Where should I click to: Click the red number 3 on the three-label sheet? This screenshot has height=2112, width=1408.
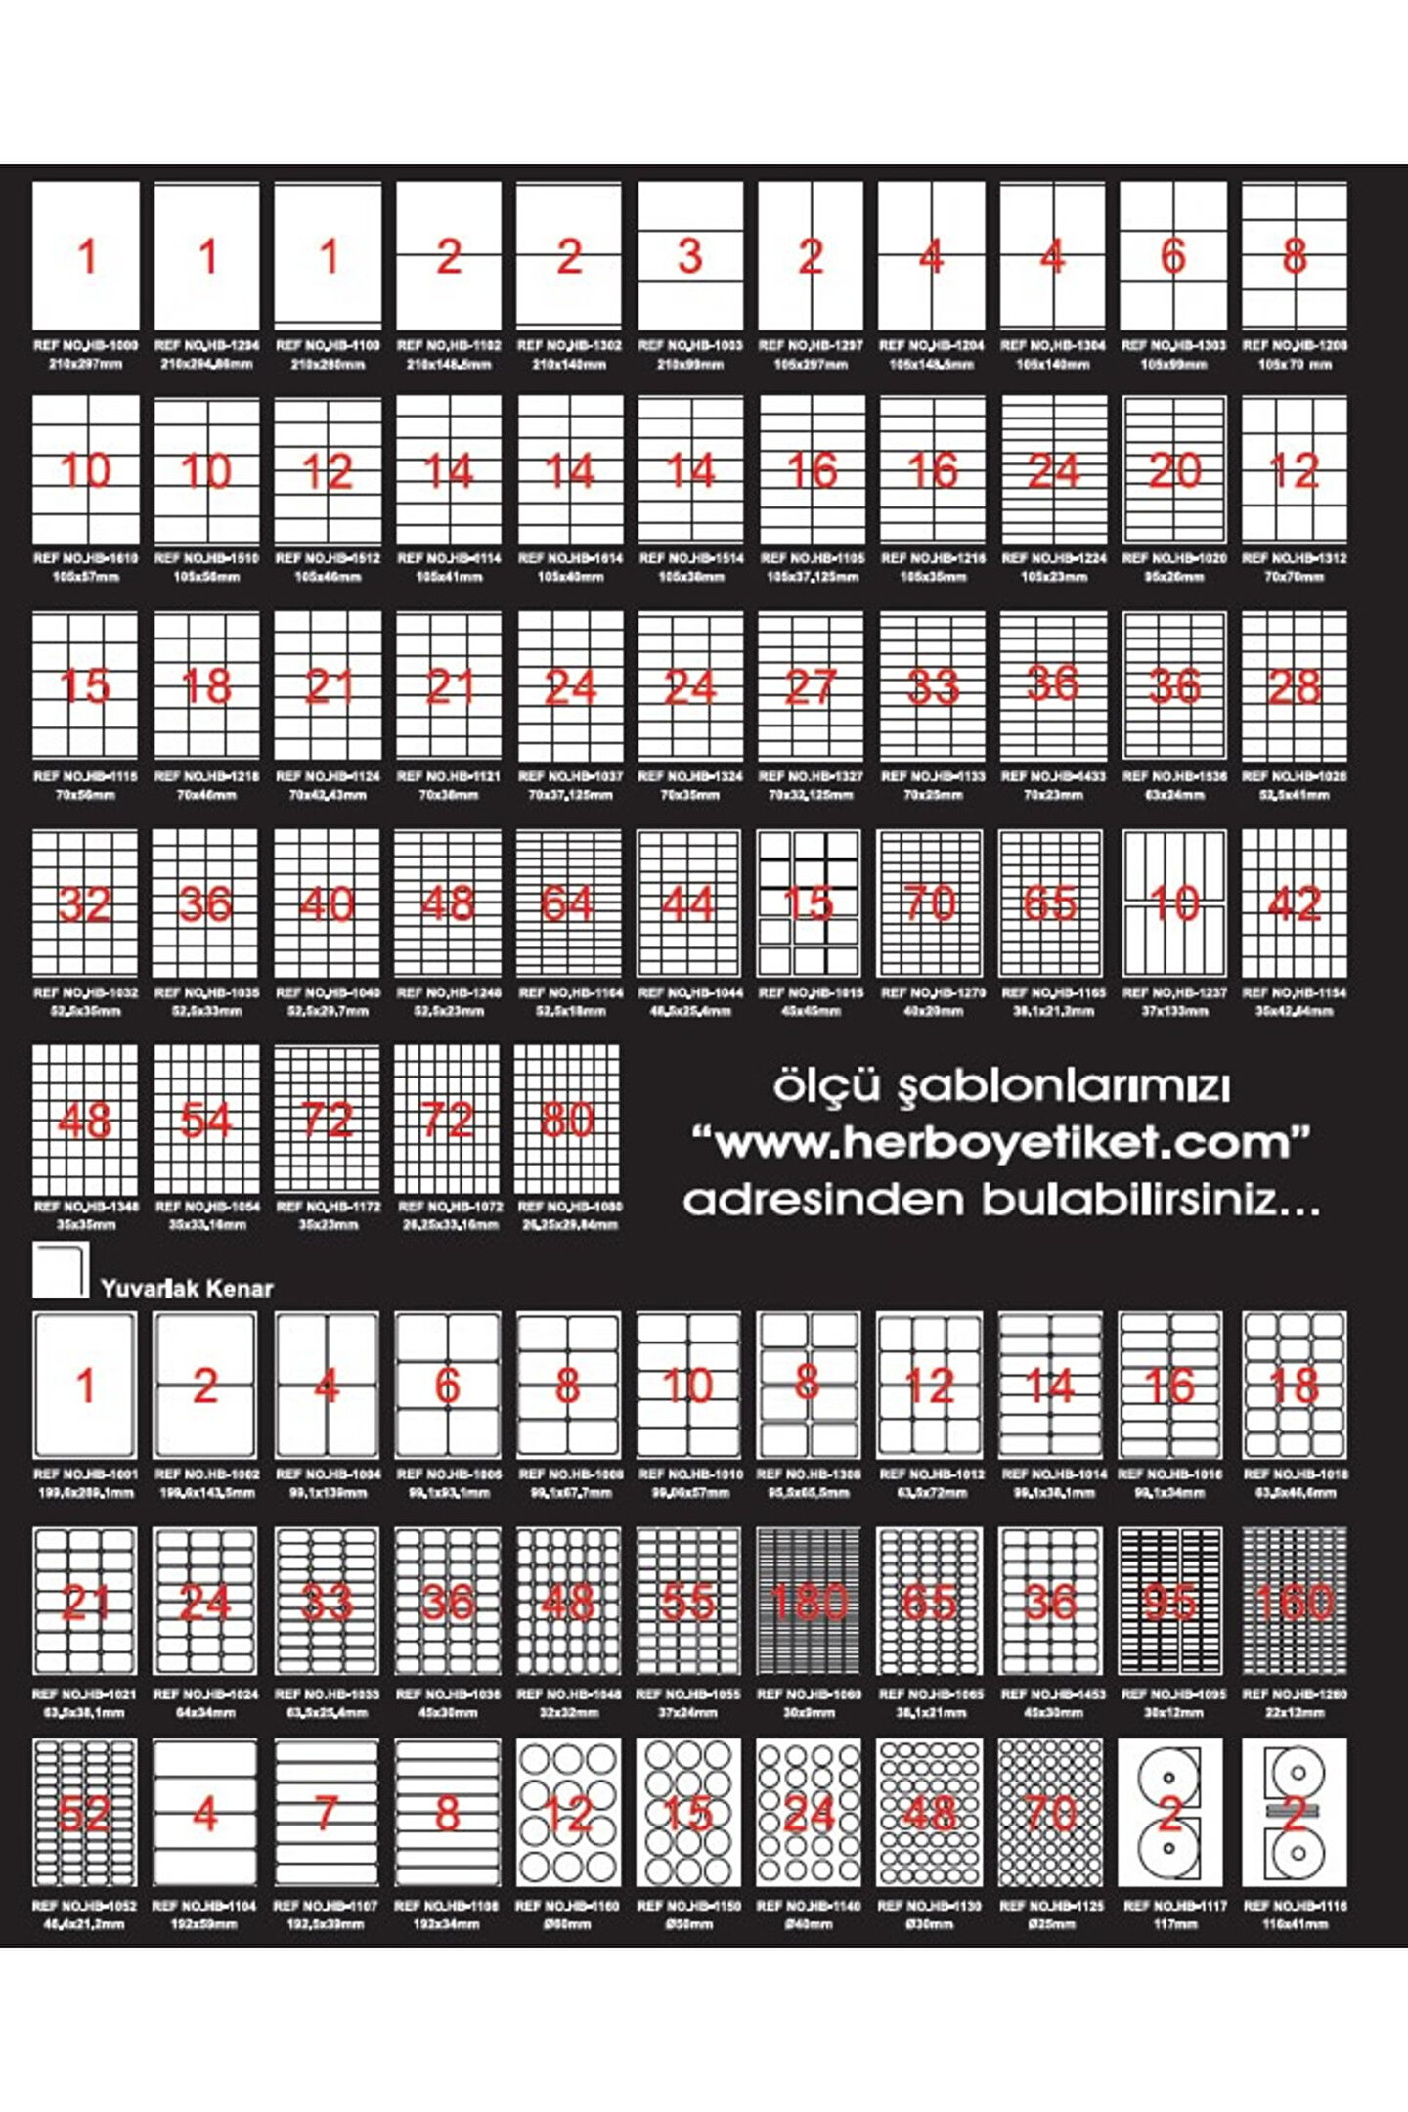(x=690, y=256)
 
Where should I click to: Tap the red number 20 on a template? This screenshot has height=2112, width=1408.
(x=1173, y=471)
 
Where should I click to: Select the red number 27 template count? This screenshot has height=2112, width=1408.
(x=811, y=687)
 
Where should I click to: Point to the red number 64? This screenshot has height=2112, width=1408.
(x=568, y=903)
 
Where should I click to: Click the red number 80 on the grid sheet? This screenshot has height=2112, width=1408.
(x=568, y=1120)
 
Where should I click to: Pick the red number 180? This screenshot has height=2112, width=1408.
(x=809, y=1602)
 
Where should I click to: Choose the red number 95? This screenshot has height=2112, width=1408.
(x=1171, y=1602)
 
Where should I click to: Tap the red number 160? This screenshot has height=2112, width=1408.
(x=1294, y=1602)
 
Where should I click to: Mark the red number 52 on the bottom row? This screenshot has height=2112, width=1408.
(x=84, y=1814)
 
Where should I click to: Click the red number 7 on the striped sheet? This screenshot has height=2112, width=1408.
(x=327, y=1814)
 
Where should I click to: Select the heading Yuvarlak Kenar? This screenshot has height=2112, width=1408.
(x=187, y=1289)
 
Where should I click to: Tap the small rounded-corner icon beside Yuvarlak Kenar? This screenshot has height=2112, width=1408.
(x=61, y=1270)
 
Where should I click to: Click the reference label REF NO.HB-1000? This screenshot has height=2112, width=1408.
(x=86, y=345)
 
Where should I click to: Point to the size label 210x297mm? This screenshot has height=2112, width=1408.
(x=86, y=365)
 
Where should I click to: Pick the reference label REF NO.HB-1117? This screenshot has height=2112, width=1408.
(x=1173, y=1906)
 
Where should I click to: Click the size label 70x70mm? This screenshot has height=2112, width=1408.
(x=1294, y=577)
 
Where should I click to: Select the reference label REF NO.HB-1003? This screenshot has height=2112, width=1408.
(x=690, y=345)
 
